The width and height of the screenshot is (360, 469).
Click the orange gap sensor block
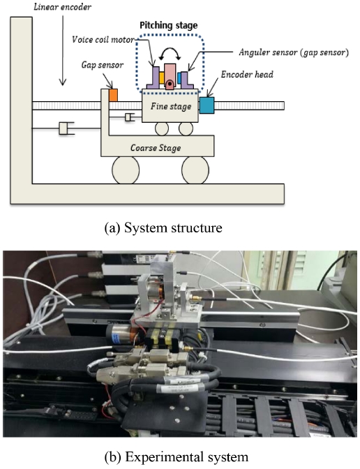[113, 95]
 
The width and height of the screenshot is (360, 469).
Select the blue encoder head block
[207, 105]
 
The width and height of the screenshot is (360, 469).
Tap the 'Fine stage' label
[171, 107]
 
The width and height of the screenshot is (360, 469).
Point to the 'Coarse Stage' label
[156, 148]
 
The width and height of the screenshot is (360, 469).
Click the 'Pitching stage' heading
[169, 25]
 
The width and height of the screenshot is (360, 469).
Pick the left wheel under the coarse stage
[126, 170]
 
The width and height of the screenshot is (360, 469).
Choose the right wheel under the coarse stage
[195, 170]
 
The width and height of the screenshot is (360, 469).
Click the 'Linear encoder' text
[62, 7]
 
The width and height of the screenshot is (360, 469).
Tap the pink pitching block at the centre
[170, 76]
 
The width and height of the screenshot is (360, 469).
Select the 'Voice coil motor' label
[103, 40]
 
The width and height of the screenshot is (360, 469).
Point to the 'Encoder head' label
[247, 74]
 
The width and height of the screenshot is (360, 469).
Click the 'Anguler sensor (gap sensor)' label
[294, 52]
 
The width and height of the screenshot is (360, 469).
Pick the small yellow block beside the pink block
[161, 77]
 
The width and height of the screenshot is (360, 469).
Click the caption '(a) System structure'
[163, 228]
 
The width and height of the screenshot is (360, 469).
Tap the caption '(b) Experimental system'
[176, 457]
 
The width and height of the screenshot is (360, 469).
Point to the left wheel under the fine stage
[162, 129]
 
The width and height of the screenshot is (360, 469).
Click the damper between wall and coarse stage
[66, 128]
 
